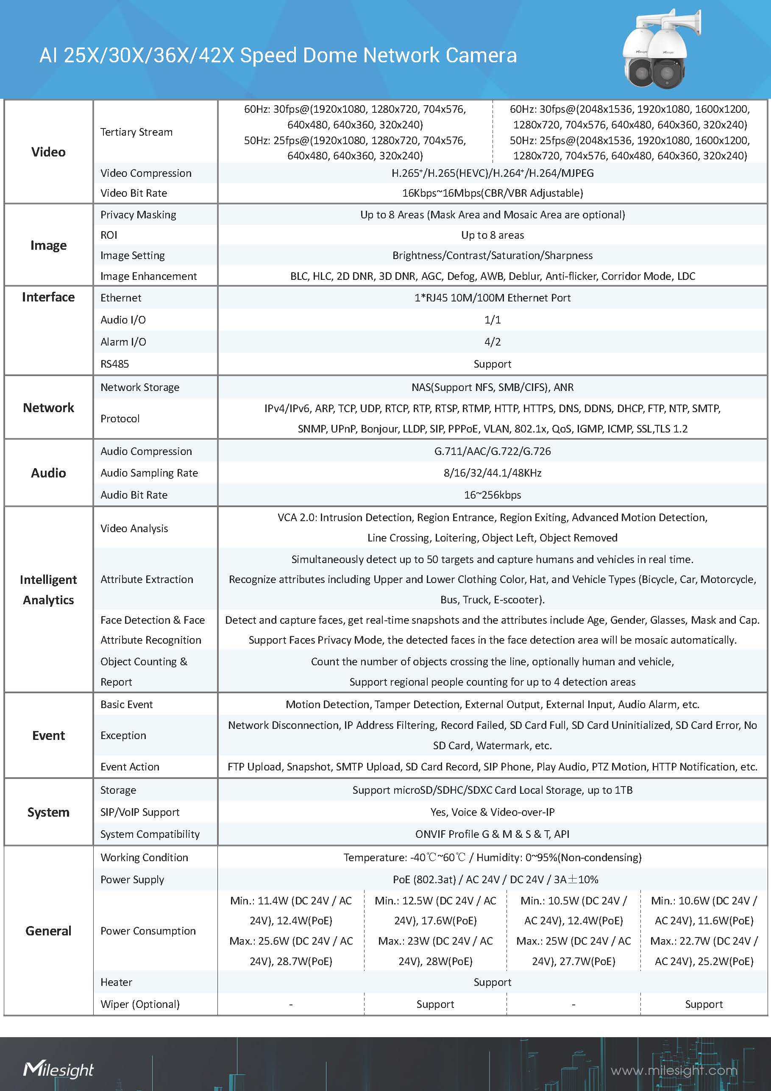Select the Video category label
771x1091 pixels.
pos(48,152)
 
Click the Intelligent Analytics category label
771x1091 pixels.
pos(48,590)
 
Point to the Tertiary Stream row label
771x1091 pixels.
pos(136,132)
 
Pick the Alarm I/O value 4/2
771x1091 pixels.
pos(492,342)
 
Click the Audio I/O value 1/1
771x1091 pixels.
pos(492,320)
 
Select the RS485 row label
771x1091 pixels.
pos(114,364)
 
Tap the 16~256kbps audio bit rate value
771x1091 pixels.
pos(492,495)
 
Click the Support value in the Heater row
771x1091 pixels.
pos(492,982)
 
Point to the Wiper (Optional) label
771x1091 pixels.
pos(140,1004)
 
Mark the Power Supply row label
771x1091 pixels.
pos(132,879)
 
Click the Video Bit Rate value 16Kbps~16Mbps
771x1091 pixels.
pos(492,193)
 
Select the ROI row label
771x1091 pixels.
pos(109,235)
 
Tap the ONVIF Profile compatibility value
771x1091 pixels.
pos(492,834)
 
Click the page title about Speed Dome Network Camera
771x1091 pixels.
pos(278,56)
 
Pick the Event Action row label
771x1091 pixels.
pos(130,767)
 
